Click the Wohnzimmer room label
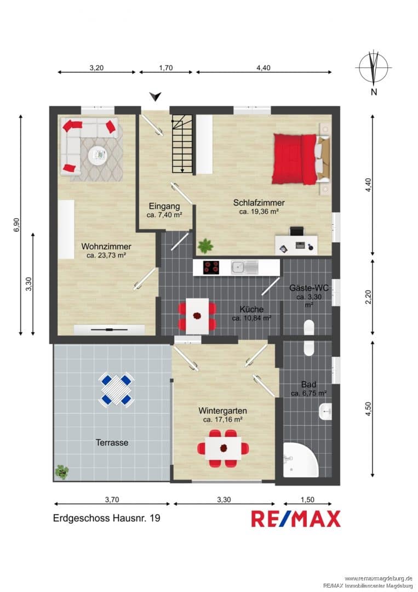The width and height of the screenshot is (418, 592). coord(106,247)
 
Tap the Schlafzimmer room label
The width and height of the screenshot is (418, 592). coord(259,203)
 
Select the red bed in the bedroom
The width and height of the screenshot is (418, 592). coord(295,159)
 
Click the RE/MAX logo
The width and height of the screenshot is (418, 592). coord(296,519)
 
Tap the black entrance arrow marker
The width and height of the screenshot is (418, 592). coord(155,96)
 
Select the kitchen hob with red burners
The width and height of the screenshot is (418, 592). coord(211,267)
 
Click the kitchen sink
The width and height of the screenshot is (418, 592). coord(245,267)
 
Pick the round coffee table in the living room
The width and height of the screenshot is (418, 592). coord(98,154)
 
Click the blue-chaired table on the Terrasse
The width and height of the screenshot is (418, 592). coord(117,389)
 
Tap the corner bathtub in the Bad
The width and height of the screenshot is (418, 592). coord(301,460)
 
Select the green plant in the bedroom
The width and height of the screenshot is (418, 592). coord(205,246)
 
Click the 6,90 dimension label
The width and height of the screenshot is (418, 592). coord(16,225)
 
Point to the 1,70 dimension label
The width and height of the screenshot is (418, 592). coord(165,68)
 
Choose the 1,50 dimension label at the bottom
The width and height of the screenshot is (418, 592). coord(307,499)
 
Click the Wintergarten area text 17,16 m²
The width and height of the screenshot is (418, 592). coord(222,419)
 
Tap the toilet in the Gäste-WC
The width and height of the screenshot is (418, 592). coord(309,327)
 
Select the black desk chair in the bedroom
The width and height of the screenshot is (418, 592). coord(296,231)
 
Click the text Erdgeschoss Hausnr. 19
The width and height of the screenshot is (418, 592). coord(107,518)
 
